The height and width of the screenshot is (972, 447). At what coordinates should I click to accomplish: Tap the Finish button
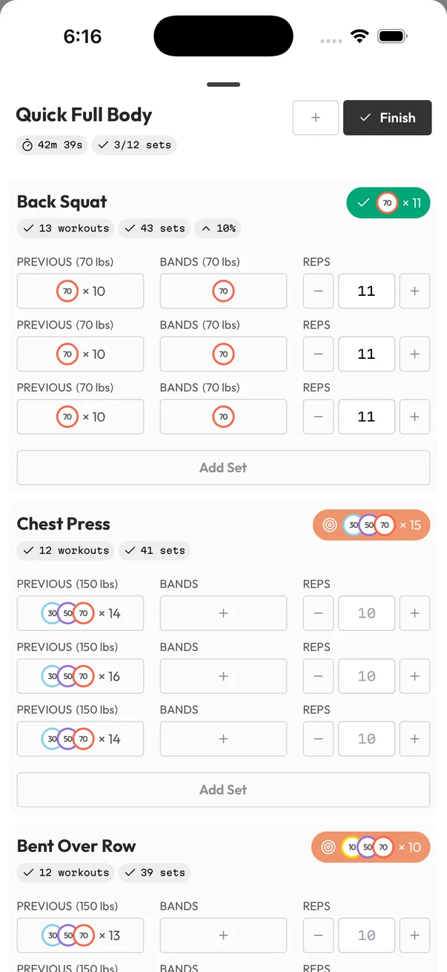tap(387, 118)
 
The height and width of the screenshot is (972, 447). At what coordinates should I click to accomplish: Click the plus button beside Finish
tap(316, 118)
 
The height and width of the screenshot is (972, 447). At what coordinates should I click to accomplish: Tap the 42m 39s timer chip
tap(52, 145)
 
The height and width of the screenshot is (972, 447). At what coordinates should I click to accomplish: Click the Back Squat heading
tap(62, 202)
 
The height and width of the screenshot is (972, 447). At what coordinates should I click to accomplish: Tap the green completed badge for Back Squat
tap(388, 202)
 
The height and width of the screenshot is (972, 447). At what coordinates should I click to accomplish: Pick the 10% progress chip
tap(218, 228)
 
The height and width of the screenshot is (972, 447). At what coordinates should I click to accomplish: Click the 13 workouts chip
tap(65, 228)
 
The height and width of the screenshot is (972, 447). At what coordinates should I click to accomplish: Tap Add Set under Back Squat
tap(223, 468)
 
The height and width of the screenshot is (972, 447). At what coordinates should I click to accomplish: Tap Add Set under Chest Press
tap(223, 790)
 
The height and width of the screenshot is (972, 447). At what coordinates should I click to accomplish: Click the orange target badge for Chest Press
tap(371, 525)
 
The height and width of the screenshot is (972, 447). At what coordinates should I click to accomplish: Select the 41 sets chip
tap(154, 550)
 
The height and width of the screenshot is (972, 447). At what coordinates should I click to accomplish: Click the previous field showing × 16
tap(80, 676)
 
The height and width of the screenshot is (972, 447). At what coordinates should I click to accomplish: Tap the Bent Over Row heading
tap(76, 846)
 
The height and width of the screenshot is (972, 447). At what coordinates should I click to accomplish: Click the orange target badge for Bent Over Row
tap(371, 847)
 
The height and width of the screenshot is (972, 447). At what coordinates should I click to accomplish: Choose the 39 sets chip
tap(154, 873)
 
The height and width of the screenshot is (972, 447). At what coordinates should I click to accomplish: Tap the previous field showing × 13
tap(80, 936)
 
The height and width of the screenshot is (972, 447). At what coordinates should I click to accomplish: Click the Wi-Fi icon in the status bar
tap(360, 36)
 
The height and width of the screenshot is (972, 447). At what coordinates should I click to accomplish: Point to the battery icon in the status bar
tap(392, 36)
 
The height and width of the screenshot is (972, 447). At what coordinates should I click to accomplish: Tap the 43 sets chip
tap(154, 228)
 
